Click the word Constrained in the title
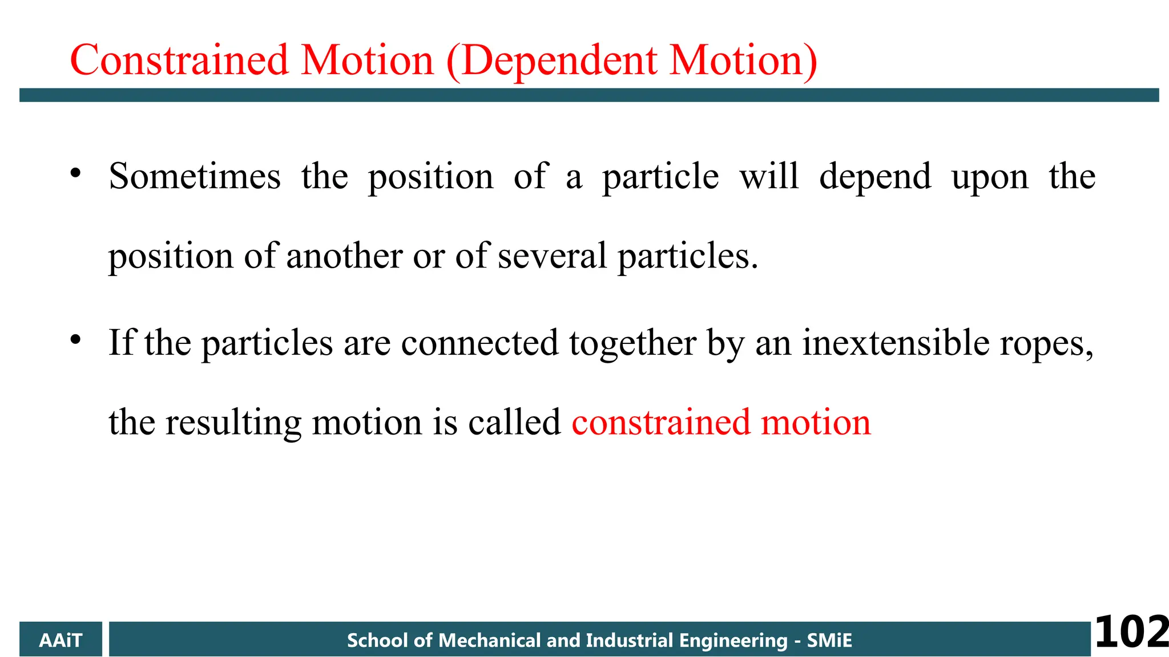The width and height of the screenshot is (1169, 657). coord(179,60)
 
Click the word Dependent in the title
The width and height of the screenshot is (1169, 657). coord(560,60)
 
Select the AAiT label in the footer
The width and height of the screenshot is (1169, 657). coord(61,640)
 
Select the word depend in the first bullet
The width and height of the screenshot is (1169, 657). coord(875,177)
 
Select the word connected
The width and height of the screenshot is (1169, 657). coord(479,343)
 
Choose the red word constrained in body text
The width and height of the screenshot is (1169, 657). coord(661,423)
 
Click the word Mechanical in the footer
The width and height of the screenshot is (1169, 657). coord(489,640)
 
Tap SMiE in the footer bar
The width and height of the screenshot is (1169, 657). coord(829,640)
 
